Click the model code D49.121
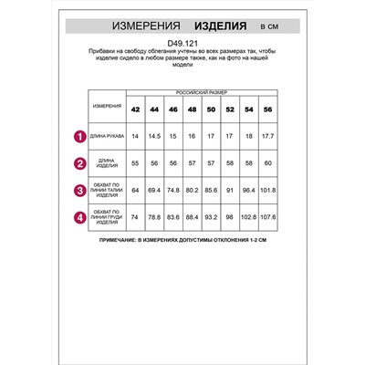[x=182, y=40]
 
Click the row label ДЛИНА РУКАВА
[x=106, y=137]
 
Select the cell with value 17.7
[x=267, y=137]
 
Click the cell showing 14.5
[x=154, y=137]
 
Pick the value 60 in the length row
[x=267, y=165]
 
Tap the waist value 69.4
[x=154, y=192]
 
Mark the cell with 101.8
[x=267, y=192]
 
